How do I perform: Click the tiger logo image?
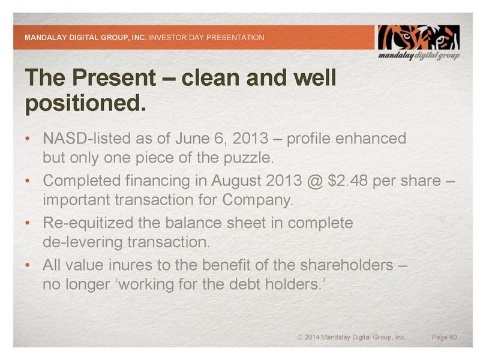[x=418, y=38]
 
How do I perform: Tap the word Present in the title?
[x=114, y=77]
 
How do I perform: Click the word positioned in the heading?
[x=86, y=104]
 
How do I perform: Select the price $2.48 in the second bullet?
[x=348, y=181]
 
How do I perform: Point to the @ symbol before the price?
[x=315, y=181]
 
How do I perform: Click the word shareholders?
[x=347, y=265]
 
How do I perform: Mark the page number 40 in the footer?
[x=453, y=337]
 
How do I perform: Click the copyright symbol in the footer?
[x=300, y=337]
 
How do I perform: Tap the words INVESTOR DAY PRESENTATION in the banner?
[x=207, y=38]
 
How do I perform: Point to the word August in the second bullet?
[x=236, y=181]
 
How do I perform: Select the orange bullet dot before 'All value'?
[x=28, y=265]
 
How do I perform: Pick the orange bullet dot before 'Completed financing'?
[x=28, y=181]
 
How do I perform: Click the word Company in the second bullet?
[x=257, y=200]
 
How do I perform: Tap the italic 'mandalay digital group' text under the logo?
[x=419, y=56]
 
